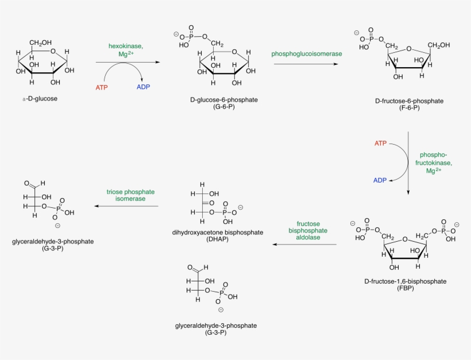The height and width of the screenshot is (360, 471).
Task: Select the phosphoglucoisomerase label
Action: [x=307, y=53]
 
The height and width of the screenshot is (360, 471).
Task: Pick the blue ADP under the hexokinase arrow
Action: [x=144, y=87]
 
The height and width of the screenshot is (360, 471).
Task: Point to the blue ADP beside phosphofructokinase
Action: [x=380, y=180]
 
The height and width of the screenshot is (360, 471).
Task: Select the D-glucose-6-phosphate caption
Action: [x=224, y=99]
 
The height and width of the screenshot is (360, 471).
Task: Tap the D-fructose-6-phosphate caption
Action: [x=409, y=100]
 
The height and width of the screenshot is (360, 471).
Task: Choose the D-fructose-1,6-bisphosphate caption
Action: [x=405, y=281]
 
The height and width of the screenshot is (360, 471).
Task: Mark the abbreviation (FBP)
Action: [x=405, y=288]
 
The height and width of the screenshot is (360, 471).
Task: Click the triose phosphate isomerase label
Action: [x=126, y=195]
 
